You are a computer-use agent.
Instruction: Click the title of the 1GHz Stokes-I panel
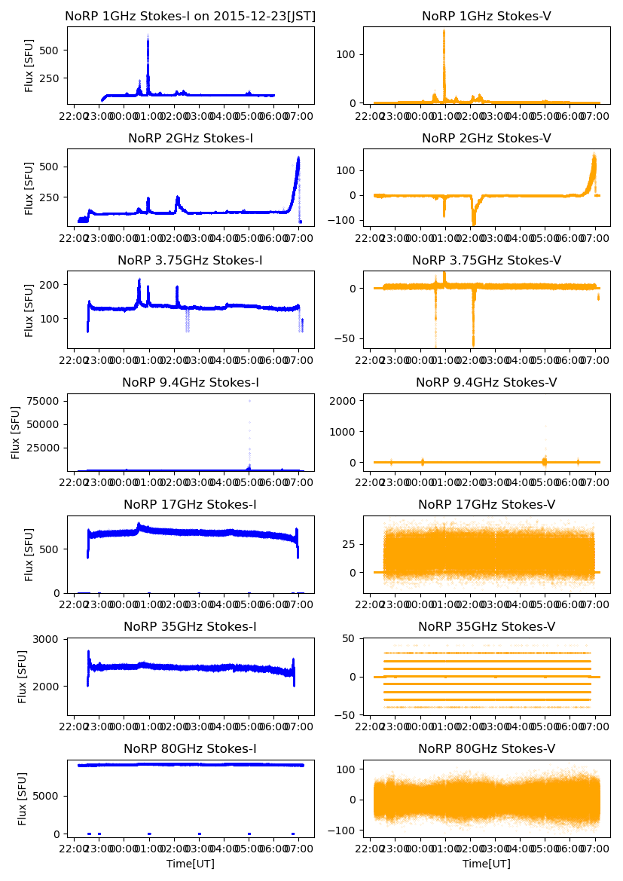click(x=191, y=16)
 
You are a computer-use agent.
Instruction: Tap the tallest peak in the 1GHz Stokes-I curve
click(x=148, y=38)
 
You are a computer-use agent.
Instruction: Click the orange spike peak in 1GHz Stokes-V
click(x=444, y=32)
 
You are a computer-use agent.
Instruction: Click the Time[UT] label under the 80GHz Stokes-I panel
click(x=191, y=864)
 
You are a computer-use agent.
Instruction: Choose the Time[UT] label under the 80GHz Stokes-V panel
click(x=487, y=864)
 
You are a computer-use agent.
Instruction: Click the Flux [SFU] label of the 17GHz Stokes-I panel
click(x=29, y=555)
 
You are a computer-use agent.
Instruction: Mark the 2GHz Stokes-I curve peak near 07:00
click(x=298, y=158)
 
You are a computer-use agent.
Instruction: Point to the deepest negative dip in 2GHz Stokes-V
click(x=473, y=223)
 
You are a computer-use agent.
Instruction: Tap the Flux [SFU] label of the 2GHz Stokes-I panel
click(x=29, y=188)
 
